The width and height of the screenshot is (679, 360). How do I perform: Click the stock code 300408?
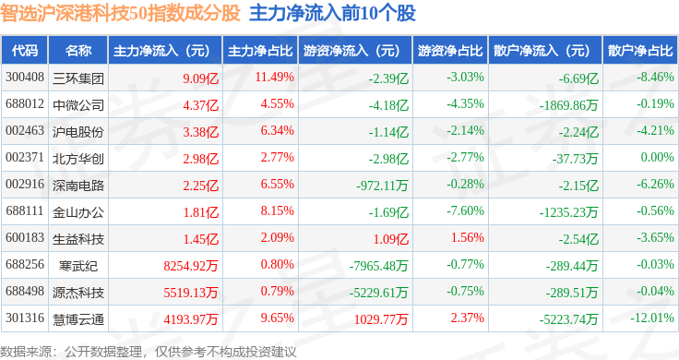tap(25, 78)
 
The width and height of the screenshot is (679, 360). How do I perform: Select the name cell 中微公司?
tap(78, 105)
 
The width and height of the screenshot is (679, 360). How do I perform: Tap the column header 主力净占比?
tap(260, 51)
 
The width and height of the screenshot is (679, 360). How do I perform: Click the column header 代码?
tap(25, 51)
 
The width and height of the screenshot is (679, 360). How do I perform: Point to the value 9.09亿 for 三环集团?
tap(200, 78)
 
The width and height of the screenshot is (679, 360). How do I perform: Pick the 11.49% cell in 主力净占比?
tap(275, 78)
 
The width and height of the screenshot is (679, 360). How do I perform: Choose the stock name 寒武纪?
tap(78, 266)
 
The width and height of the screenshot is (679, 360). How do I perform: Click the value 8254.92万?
tap(191, 266)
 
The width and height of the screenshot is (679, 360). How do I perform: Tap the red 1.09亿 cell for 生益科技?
tap(391, 239)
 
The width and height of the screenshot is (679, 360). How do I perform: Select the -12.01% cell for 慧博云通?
tap(652, 318)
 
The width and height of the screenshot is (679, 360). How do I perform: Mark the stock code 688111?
tap(25, 211)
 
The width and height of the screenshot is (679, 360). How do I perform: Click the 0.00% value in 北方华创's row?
tap(658, 157)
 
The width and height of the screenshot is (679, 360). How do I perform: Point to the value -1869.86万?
tap(568, 105)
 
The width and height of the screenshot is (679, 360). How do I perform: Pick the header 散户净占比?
tap(640, 51)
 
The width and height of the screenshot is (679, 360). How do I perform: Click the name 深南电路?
tap(78, 186)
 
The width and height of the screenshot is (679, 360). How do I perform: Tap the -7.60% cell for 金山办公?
tap(466, 211)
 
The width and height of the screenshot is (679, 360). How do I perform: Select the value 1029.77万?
tap(381, 319)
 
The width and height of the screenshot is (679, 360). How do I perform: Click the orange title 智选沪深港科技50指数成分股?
tap(120, 13)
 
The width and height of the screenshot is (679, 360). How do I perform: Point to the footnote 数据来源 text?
tap(26, 352)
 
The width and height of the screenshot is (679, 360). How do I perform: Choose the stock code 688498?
tap(25, 291)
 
